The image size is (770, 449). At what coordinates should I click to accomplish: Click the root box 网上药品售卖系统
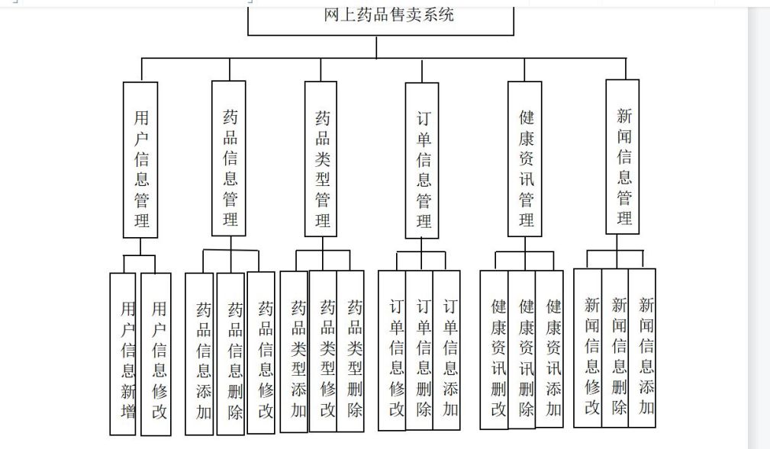click(381, 21)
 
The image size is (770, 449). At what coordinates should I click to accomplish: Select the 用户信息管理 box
click(140, 160)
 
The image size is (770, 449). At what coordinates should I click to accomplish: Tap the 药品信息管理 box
click(229, 159)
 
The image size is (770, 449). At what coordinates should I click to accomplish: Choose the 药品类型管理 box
click(321, 159)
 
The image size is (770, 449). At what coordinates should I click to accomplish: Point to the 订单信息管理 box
click(422, 160)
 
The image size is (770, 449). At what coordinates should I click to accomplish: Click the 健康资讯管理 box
click(525, 159)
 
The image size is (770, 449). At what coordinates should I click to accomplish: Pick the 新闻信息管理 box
click(623, 157)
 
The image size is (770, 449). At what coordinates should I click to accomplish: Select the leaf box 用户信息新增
click(123, 354)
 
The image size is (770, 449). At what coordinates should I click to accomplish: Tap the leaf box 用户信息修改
click(156, 354)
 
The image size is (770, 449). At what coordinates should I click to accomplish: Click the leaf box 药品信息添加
click(199, 354)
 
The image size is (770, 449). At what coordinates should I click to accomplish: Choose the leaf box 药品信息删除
click(230, 354)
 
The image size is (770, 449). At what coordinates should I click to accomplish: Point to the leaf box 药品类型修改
click(323, 351)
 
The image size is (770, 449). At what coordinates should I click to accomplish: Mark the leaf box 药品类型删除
click(350, 351)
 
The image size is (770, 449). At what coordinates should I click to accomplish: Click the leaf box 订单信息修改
click(392, 351)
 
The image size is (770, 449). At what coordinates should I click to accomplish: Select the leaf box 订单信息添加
click(447, 351)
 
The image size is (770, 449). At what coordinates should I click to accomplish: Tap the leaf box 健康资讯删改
click(494, 350)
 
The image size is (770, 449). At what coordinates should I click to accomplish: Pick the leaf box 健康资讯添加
click(549, 349)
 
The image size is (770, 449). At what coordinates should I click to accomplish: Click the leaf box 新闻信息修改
click(588, 348)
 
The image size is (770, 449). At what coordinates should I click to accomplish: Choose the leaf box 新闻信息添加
click(643, 348)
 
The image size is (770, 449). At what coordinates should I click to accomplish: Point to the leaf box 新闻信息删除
click(615, 348)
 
